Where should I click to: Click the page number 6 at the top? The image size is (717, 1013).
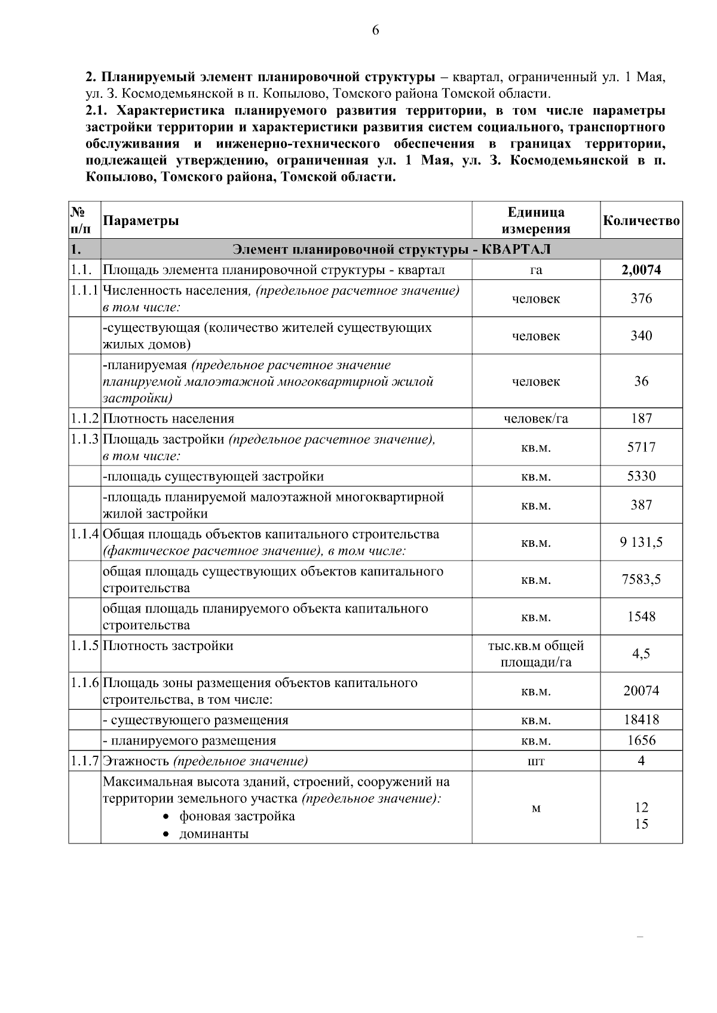pos(375,31)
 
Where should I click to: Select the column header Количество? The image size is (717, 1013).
pos(641,221)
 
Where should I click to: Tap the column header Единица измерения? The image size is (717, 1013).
pos(536,221)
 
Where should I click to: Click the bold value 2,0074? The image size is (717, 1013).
pos(641,270)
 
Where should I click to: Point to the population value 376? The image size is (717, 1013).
pos(641,298)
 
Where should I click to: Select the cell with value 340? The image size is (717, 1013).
pos(641,335)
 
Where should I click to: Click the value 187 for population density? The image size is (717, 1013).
pos(641,418)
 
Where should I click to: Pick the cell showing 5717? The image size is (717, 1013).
pos(641,447)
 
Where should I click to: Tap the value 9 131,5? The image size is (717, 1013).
pos(641,543)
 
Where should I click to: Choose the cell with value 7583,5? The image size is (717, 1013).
pos(641,580)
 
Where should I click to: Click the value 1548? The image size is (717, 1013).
pos(641,617)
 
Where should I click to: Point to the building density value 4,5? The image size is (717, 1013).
pos(641,654)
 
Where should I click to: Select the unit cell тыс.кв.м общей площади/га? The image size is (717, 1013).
pos(536,654)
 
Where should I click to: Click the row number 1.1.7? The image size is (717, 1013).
pos(84,761)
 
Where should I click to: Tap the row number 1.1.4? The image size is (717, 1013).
pos(84,534)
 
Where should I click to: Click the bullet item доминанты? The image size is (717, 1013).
pos(214,834)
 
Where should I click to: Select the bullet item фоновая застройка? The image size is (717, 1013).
pos(237,816)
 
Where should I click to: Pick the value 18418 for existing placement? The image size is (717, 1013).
pos(641,720)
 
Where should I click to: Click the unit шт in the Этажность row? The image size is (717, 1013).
pos(536,761)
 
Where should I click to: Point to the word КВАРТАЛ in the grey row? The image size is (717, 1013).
pos(516,248)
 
